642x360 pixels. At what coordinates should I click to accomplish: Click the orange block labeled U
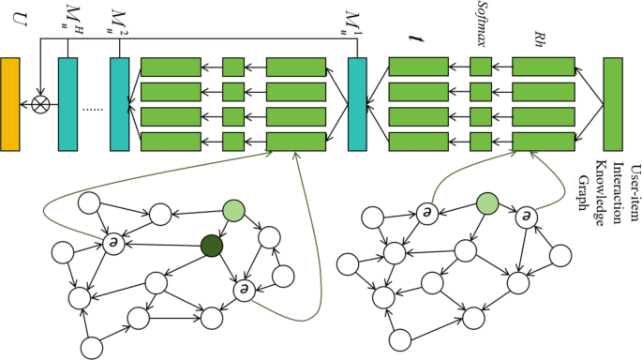10,103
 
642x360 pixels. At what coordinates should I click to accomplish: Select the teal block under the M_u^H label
67,103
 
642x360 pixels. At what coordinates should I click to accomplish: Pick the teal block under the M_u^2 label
119,103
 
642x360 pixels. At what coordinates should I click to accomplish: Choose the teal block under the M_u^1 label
357,103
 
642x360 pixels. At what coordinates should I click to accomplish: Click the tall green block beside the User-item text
614,103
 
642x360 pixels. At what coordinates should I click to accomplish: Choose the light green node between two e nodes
487,202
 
